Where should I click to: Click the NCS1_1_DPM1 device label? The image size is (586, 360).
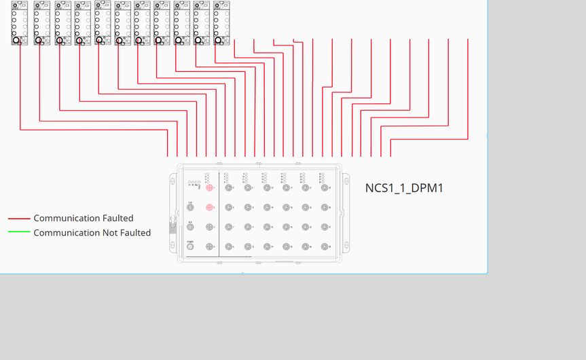point(404,188)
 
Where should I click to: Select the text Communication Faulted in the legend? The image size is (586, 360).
point(84,218)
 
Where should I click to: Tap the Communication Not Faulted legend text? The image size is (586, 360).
point(92,232)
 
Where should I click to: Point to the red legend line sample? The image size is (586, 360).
point(19,219)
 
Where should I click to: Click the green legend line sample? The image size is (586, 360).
point(19,232)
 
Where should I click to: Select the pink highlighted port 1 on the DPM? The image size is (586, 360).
point(210,188)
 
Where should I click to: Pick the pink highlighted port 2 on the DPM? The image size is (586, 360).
point(210,207)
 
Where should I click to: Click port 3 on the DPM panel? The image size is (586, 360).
point(210,227)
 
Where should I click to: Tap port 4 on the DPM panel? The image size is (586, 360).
point(210,247)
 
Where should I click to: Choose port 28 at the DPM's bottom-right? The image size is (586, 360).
point(325,247)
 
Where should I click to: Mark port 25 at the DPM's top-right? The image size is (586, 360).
point(325,188)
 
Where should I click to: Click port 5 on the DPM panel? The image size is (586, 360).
point(229,188)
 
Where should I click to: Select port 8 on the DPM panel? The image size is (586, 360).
point(229,247)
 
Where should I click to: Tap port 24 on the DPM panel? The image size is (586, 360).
point(306,247)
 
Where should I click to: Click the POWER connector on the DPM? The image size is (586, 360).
point(190,247)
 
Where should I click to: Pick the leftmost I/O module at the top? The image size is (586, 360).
point(20,22)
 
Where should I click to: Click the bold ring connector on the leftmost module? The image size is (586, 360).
point(16,41)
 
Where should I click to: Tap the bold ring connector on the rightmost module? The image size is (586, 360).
point(219,41)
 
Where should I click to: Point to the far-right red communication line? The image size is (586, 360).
point(468,88)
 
